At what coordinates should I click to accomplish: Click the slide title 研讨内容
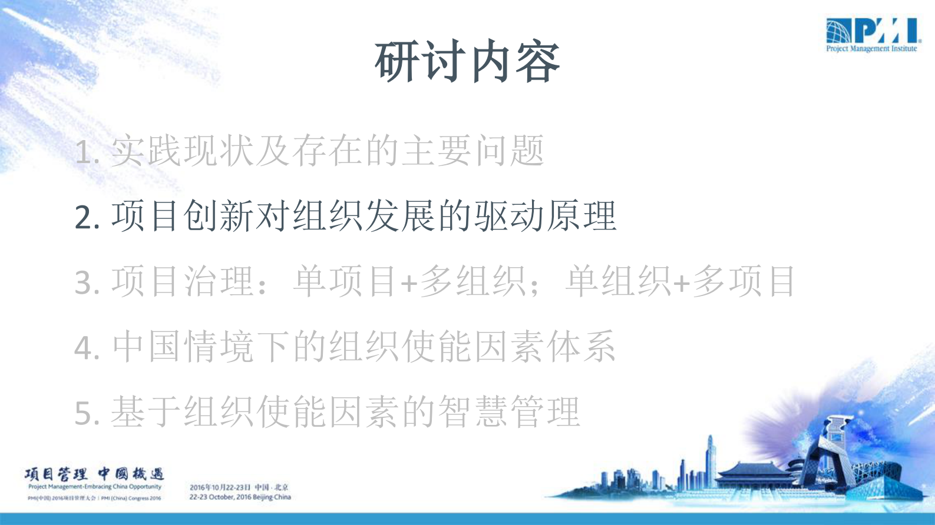click(x=467, y=62)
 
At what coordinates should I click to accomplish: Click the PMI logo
click(x=871, y=31)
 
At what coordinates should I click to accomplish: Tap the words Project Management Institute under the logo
click(x=871, y=49)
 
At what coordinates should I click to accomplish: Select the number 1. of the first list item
click(x=87, y=153)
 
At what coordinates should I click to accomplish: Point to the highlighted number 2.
click(x=87, y=217)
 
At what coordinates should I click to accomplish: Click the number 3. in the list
click(x=87, y=283)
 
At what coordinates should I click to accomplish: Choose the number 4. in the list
click(x=87, y=348)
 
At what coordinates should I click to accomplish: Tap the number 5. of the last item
click(x=87, y=413)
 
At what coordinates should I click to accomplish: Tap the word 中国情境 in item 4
click(x=184, y=347)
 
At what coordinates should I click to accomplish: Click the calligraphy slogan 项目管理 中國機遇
click(x=94, y=474)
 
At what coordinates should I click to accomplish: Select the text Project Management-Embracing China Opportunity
click(x=94, y=487)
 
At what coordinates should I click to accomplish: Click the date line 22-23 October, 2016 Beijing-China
click(x=240, y=497)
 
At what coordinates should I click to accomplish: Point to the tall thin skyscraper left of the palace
click(x=711, y=459)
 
